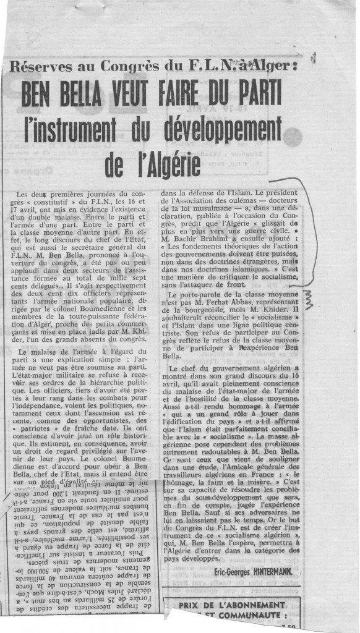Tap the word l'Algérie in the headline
pyautogui.click(x=167, y=163)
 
